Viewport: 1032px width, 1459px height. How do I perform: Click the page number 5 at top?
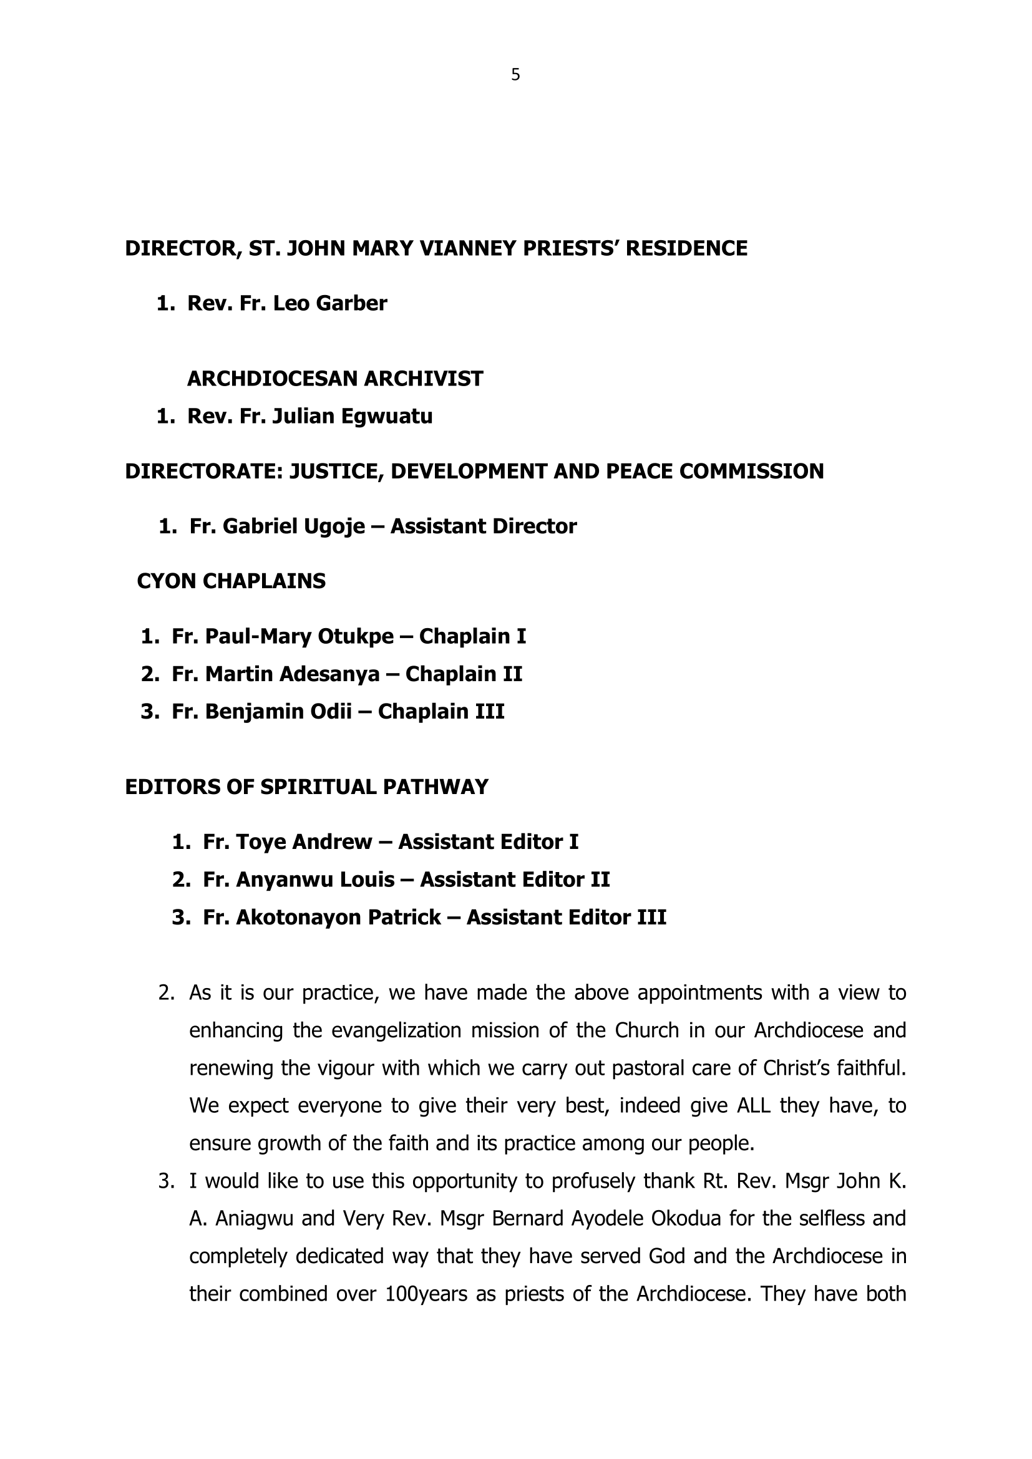pyautogui.click(x=515, y=75)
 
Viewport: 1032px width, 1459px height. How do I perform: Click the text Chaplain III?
pyautogui.click(x=441, y=711)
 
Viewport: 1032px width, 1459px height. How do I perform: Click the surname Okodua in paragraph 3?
pyautogui.click(x=688, y=1219)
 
